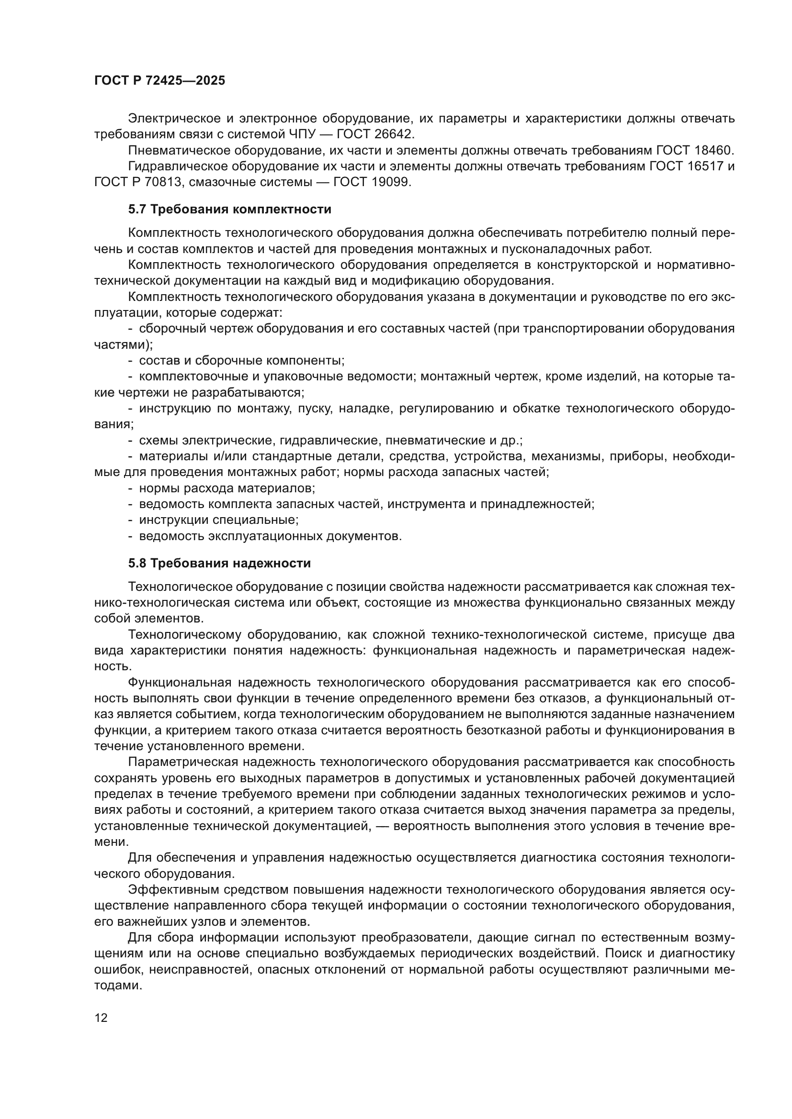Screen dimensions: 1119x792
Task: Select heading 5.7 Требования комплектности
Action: [230, 210]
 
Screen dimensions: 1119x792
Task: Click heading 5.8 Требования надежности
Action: [219, 564]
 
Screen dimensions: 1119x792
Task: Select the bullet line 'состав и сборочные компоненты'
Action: [241, 361]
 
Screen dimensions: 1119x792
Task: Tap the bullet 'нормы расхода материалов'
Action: [227, 488]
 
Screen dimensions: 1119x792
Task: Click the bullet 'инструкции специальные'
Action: [218, 520]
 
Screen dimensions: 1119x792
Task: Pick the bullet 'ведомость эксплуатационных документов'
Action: [270, 536]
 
